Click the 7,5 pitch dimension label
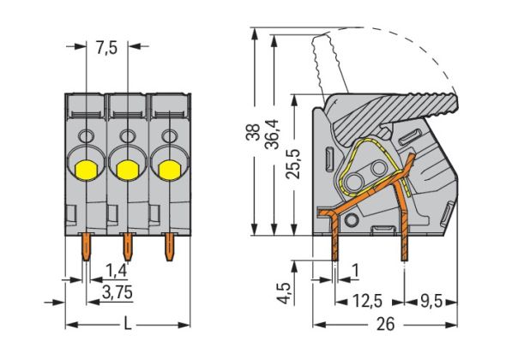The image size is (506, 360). point(106,48)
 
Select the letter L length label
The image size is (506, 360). point(127,324)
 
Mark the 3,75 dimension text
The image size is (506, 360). point(117,292)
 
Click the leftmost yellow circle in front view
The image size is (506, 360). point(86,168)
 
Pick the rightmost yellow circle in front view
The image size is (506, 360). point(167,168)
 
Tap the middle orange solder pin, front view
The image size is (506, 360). point(128,246)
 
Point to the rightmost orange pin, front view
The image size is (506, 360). point(168,246)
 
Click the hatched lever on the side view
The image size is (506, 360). point(403,106)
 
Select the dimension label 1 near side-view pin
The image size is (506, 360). point(355,270)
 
